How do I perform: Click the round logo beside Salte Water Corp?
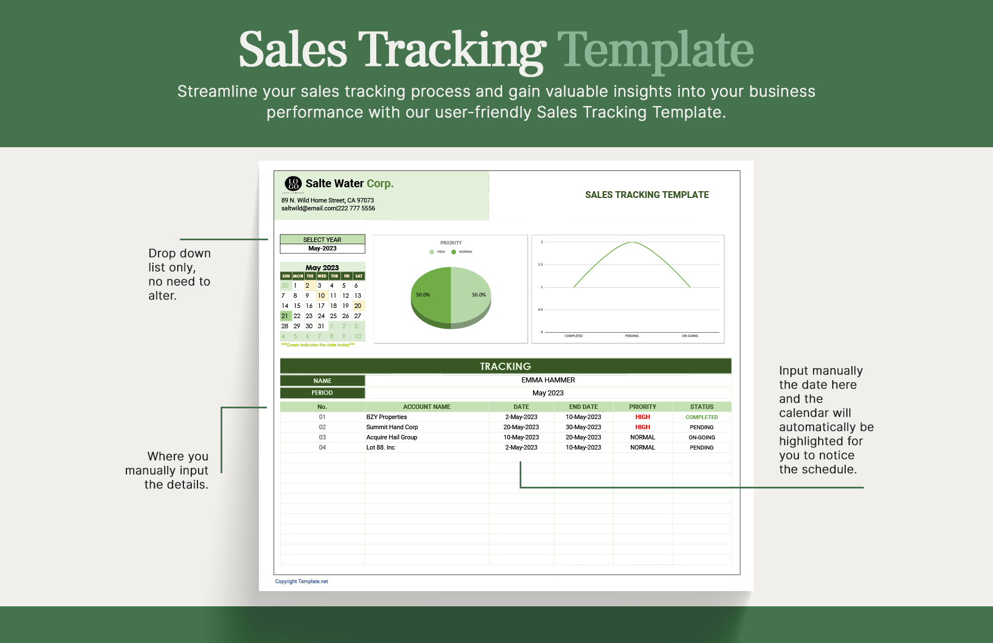[293, 183]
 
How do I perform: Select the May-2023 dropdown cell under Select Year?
[322, 248]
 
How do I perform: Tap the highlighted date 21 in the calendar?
[285, 316]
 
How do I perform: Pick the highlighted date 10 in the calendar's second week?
[321, 296]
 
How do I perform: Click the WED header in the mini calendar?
[322, 276]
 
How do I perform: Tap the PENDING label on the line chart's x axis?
[632, 336]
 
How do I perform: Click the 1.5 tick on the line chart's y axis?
[540, 265]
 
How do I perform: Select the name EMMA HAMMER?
[548, 380]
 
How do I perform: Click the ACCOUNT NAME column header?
[427, 407]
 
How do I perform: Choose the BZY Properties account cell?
[386, 417]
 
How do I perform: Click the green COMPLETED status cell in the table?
[701, 417]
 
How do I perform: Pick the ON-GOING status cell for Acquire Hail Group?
[701, 437]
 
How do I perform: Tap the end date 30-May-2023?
[583, 427]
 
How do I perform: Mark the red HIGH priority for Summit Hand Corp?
[643, 427]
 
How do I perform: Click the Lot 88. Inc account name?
[380, 447]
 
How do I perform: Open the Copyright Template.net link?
[301, 582]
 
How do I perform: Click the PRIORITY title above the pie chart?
[451, 243]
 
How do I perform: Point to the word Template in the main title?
[655, 50]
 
